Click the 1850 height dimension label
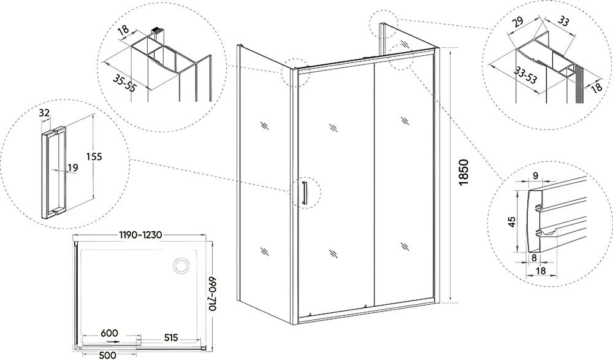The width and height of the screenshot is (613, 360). (x=463, y=172)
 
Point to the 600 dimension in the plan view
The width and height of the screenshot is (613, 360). (x=109, y=333)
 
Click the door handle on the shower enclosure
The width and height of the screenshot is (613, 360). (x=305, y=192)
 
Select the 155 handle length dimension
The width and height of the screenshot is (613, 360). (x=94, y=156)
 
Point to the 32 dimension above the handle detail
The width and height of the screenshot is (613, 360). (x=45, y=113)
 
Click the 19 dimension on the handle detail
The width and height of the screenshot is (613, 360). (x=73, y=168)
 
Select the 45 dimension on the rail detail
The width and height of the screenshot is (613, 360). (x=512, y=221)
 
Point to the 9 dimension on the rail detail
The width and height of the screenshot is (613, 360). (x=536, y=175)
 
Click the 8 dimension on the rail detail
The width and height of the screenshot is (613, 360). (x=534, y=258)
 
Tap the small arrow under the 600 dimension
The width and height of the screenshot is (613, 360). (x=114, y=341)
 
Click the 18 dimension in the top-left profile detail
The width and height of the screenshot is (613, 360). (x=124, y=31)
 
